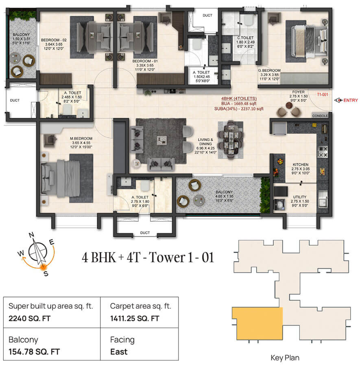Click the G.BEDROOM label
(269, 71)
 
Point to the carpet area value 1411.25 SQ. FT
(134, 318)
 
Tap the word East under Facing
(119, 352)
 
